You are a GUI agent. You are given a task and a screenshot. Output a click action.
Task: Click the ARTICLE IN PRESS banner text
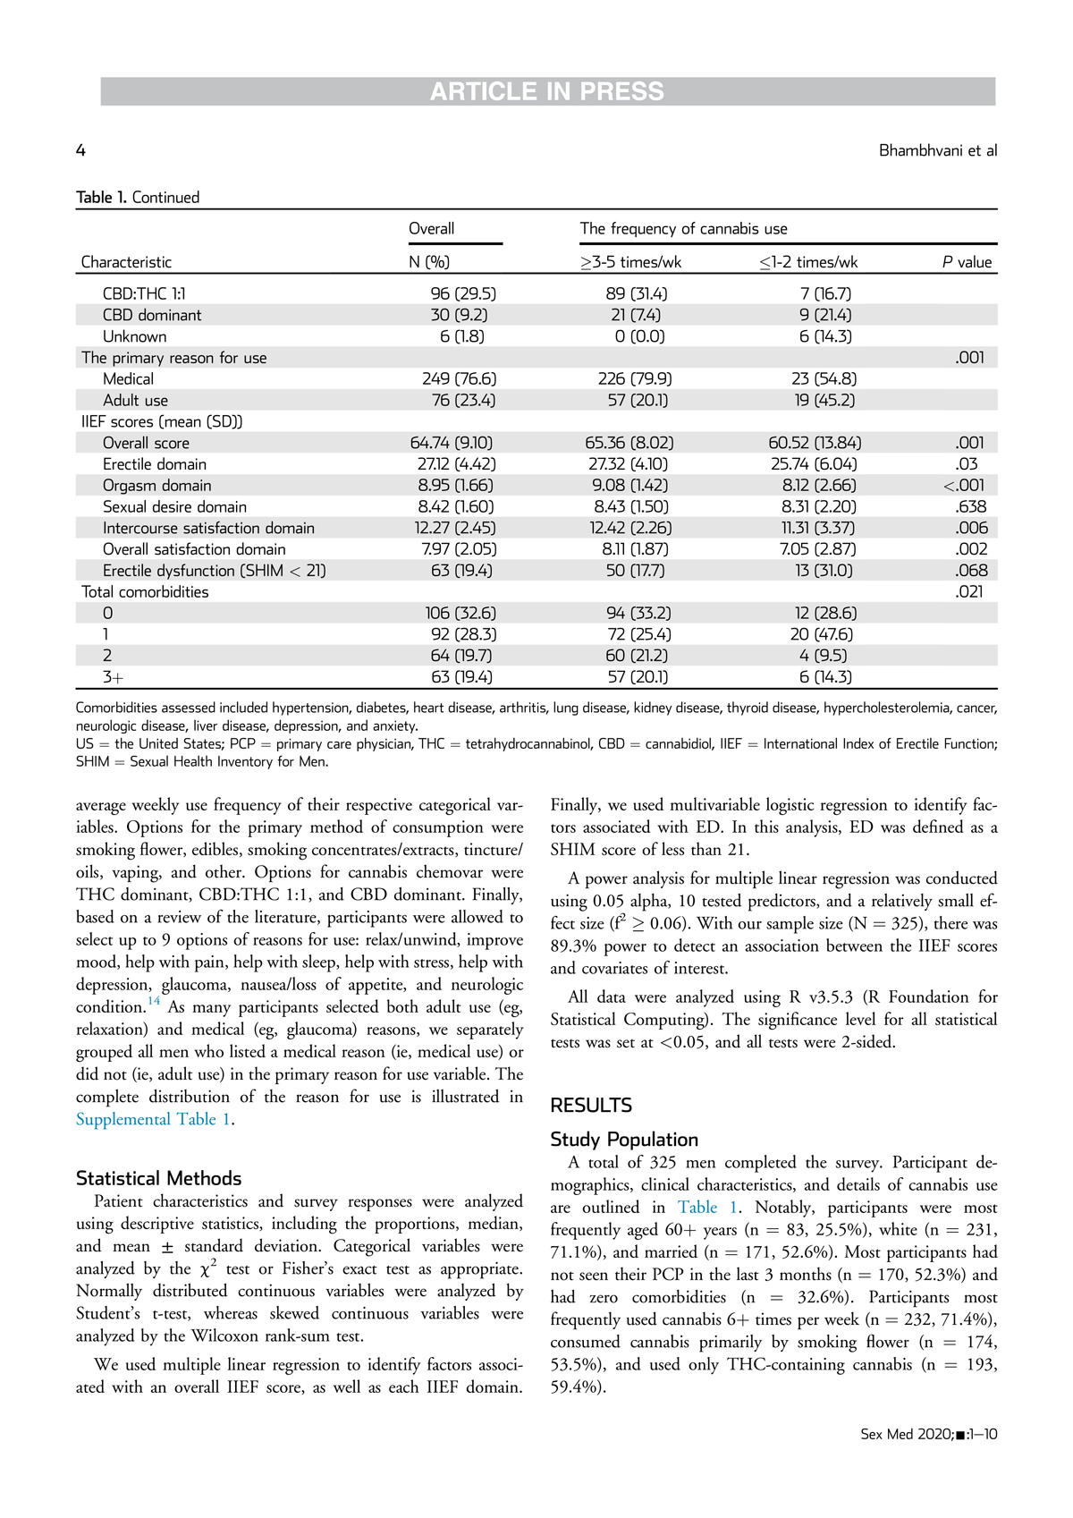pos(547,91)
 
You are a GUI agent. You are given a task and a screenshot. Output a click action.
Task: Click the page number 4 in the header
pos(80,150)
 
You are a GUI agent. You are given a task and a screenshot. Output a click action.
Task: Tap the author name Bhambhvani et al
pos(937,150)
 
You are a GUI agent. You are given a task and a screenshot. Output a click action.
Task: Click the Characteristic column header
pos(126,262)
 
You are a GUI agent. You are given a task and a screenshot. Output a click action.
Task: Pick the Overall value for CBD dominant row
pos(459,315)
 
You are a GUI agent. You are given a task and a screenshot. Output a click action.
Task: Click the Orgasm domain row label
pos(156,486)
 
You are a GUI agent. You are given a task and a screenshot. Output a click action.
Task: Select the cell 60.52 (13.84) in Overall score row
pos(812,443)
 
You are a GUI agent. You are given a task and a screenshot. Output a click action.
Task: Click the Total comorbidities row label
pos(145,592)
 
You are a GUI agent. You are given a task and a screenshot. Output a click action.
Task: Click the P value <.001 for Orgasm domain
pos(965,486)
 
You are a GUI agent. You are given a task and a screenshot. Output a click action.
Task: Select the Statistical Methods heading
pos(158,1178)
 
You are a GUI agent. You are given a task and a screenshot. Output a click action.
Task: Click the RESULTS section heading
pos(590,1106)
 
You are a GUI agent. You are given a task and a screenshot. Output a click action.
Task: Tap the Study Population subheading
pos(623,1140)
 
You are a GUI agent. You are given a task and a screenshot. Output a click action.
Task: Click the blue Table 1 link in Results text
pos(706,1208)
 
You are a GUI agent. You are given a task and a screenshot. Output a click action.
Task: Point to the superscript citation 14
pos(154,1002)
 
